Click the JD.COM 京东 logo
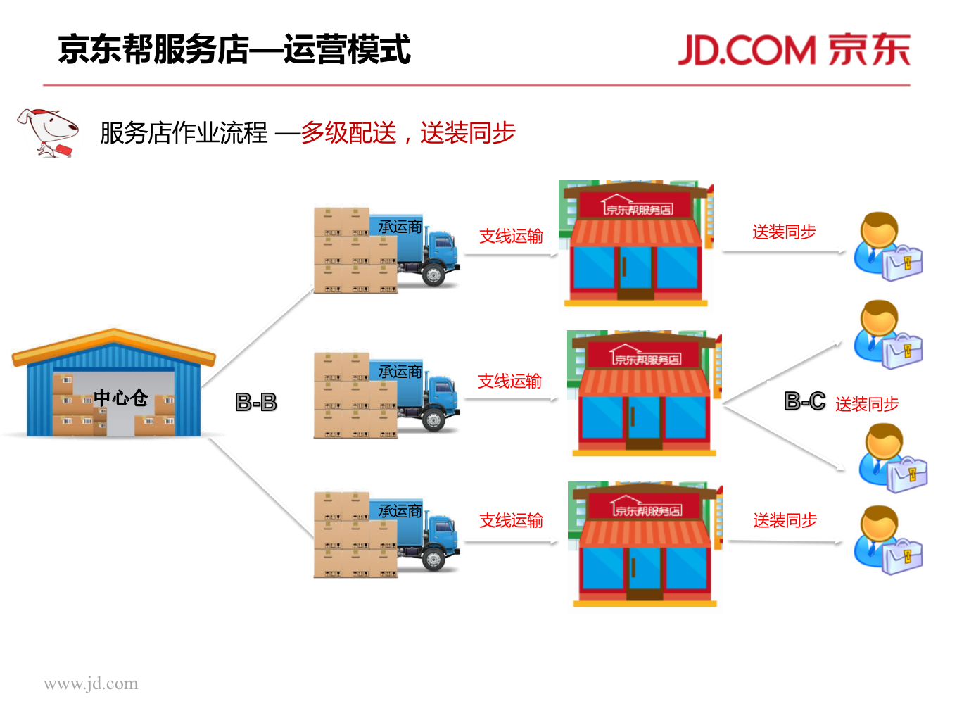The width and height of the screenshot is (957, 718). coord(794,50)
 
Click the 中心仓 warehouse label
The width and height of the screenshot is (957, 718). coord(120,398)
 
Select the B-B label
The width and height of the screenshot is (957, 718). coord(255,403)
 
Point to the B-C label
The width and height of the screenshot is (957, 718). coord(804,401)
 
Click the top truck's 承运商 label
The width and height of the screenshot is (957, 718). coord(400,227)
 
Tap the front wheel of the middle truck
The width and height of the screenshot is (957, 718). coord(433,421)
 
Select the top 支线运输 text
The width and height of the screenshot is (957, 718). coord(511,237)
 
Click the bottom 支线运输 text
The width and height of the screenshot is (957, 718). coord(511,521)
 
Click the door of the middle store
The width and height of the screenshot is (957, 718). coord(643,422)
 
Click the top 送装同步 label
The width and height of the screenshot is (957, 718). coord(784,232)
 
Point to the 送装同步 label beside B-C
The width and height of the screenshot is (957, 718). coord(867,404)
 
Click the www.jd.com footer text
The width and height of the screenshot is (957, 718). coord(91,684)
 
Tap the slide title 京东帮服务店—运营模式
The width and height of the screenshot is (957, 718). coord(234,50)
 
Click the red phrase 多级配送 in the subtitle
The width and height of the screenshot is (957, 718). coord(348,132)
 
